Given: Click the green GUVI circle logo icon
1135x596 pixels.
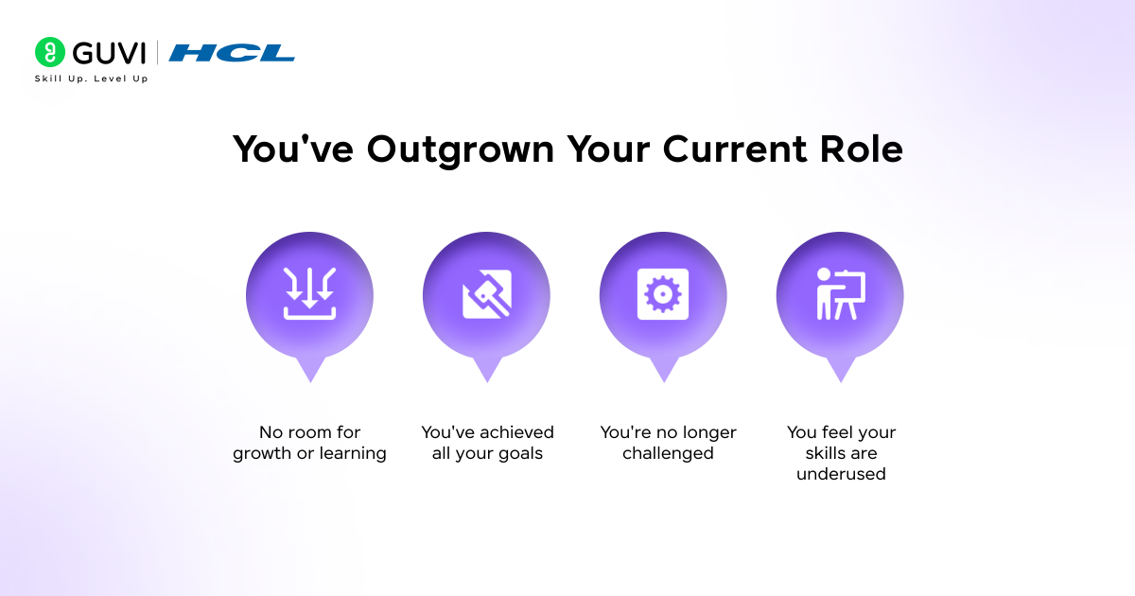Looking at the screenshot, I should tap(49, 52).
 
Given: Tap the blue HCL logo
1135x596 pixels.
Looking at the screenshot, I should tap(232, 53).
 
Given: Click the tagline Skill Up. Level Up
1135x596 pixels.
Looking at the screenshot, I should tap(91, 79).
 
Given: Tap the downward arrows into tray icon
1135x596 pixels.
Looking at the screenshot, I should tap(309, 294).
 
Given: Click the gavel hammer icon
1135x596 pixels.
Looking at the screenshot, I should tap(486, 294).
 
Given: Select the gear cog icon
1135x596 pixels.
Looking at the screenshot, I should tap(663, 294).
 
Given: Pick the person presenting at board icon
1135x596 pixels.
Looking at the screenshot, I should tap(840, 294).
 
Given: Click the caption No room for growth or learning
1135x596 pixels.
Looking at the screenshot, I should tap(309, 443).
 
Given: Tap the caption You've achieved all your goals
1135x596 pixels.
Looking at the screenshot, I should tap(487, 443).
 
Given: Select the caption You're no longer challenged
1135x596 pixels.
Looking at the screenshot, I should tap(668, 443).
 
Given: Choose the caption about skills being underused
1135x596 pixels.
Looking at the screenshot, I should tap(841, 453).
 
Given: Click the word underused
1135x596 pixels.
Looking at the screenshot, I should tap(841, 475).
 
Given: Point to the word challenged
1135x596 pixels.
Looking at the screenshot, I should tap(668, 454).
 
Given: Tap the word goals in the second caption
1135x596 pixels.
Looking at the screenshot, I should tap(520, 454).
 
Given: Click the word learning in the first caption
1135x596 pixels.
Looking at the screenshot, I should tap(351, 454).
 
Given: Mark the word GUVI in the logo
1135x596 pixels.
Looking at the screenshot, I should tap(107, 52).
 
